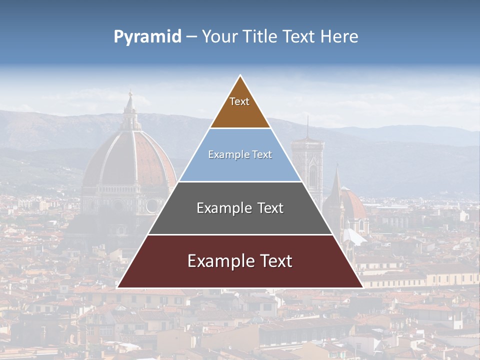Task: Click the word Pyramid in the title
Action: (x=147, y=37)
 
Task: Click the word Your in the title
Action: (x=219, y=36)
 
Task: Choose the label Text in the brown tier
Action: (x=239, y=101)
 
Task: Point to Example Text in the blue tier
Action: (x=240, y=154)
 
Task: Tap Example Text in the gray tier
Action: (x=240, y=208)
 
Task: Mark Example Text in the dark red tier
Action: (x=240, y=261)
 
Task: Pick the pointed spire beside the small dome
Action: (x=336, y=185)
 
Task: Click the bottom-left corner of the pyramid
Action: (x=118, y=287)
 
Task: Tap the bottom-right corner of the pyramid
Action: (x=362, y=287)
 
